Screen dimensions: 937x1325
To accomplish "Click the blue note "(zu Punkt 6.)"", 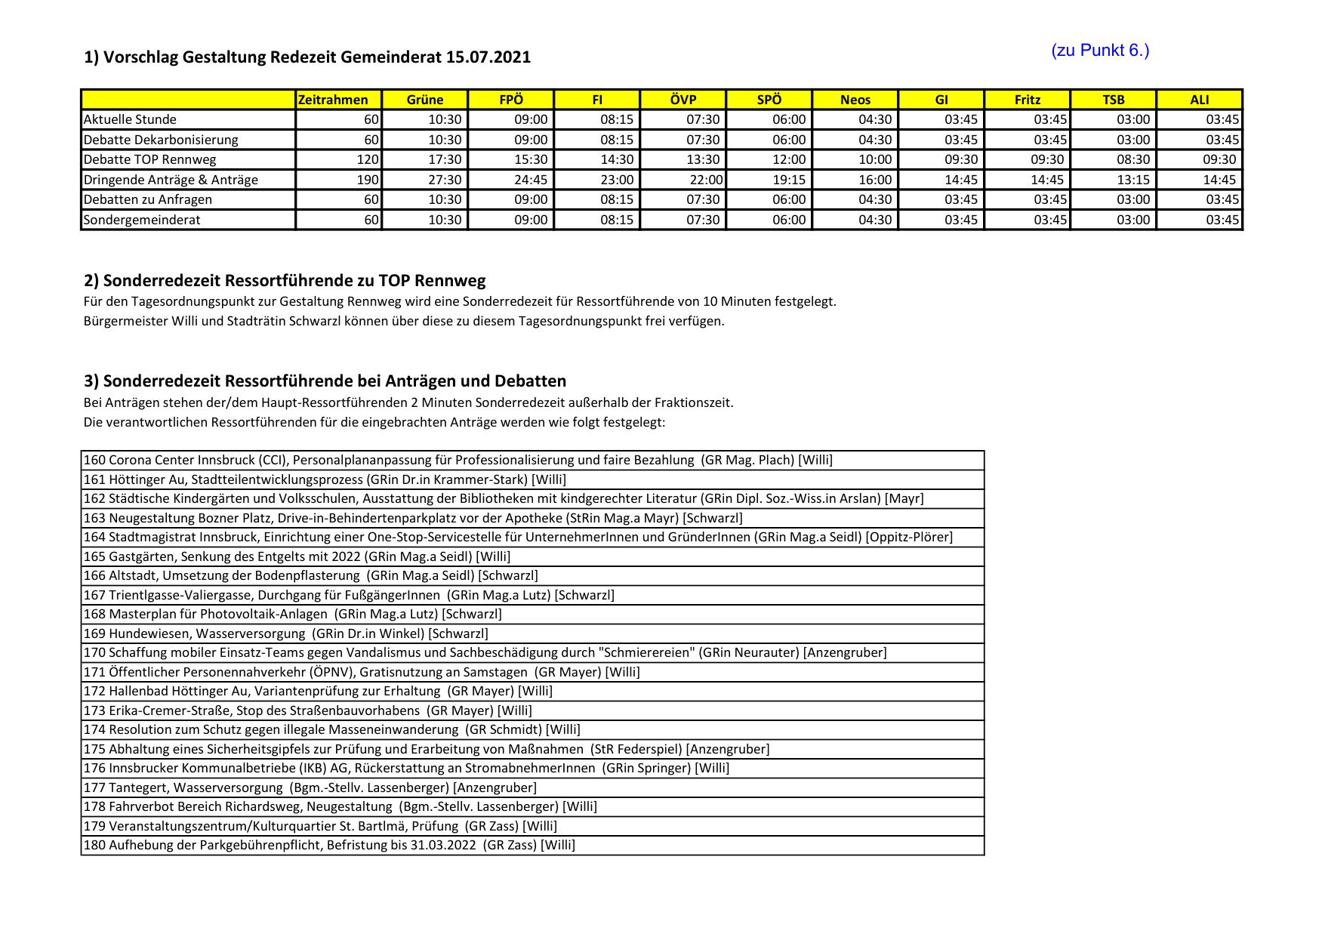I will click(1099, 51).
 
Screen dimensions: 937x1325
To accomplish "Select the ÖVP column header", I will click(683, 100).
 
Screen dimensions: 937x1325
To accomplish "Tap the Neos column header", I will click(855, 100).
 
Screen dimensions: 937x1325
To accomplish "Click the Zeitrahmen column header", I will click(333, 100).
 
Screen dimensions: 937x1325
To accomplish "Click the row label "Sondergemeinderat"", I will click(143, 220).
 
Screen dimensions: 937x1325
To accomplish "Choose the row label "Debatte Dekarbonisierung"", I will click(161, 140).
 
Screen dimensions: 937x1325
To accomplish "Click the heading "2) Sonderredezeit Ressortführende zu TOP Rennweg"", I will click(285, 281).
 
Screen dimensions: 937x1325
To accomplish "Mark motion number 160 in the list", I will click(94, 460).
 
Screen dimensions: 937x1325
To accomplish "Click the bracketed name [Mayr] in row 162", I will click(904, 498).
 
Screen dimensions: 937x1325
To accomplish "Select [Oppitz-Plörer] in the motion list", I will click(909, 537).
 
